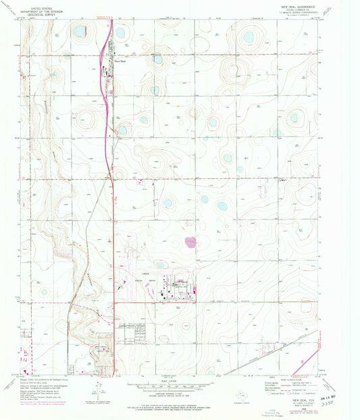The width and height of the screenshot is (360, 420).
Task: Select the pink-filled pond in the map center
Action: (191, 241)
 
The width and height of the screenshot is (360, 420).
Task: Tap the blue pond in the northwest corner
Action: (80, 31)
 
